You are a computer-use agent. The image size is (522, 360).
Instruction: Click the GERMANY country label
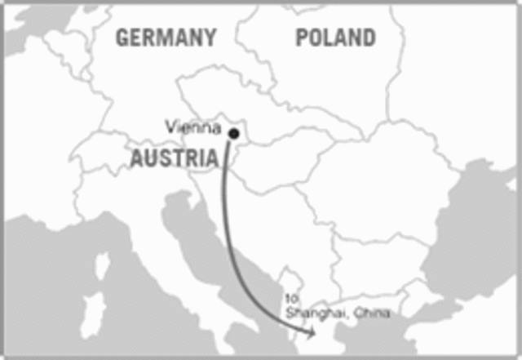[x=166, y=38]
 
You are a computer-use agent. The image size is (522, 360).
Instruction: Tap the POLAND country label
[x=335, y=38]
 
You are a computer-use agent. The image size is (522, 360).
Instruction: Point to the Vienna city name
[x=193, y=127]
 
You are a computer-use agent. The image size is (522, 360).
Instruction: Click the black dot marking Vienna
[x=234, y=133]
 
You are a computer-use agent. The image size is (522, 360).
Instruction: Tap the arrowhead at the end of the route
[x=311, y=332]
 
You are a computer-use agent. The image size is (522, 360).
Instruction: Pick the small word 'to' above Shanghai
[x=292, y=300]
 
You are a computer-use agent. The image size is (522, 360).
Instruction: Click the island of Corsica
[x=104, y=266]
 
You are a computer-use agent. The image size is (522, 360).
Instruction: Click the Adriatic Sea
[x=196, y=245]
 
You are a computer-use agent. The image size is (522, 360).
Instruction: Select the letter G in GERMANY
[x=123, y=38]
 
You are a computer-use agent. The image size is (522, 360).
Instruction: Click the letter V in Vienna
[x=170, y=127]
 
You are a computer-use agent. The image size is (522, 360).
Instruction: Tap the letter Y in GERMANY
[x=210, y=38]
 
